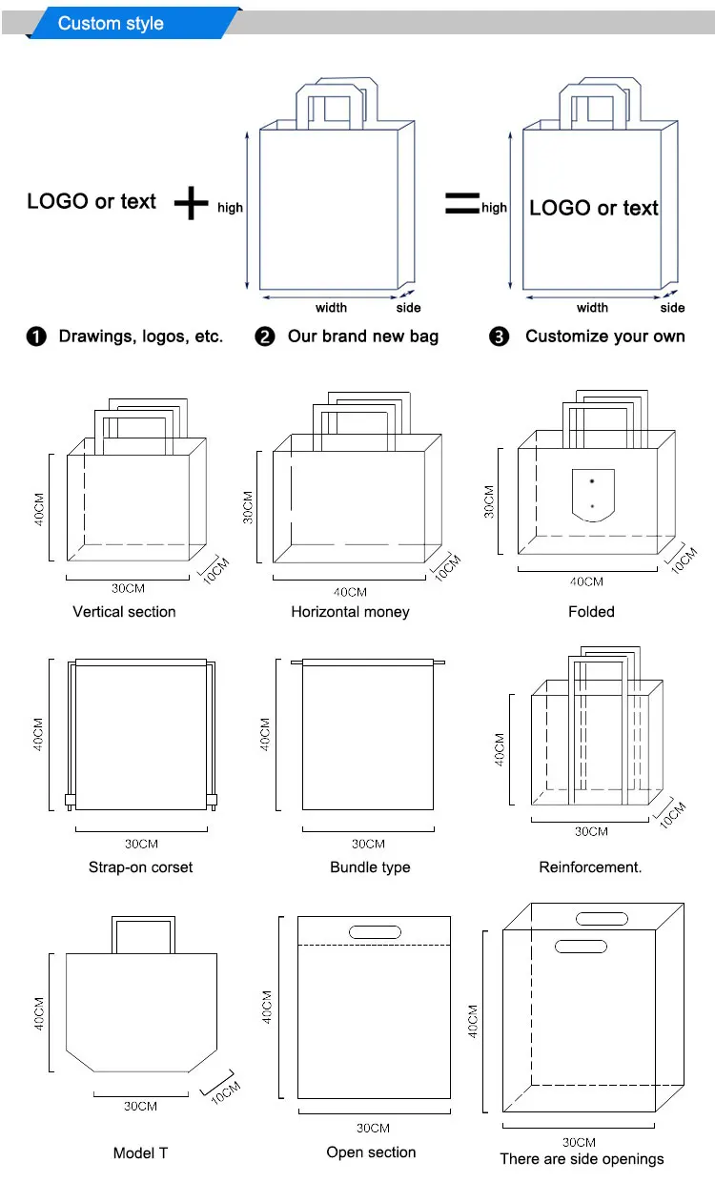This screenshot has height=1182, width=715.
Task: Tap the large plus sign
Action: point(192,203)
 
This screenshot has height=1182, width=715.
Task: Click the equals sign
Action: point(462,203)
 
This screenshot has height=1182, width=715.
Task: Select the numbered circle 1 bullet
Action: point(36,336)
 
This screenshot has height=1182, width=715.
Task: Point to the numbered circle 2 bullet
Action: point(265,336)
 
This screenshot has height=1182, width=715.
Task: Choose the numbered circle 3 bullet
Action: point(500,336)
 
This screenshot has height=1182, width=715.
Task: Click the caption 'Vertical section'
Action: point(124,612)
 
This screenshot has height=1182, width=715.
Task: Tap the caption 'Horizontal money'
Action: point(350,612)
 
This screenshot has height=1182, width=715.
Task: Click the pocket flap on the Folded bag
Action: point(591,494)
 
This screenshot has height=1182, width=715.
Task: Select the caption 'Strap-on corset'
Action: point(140,867)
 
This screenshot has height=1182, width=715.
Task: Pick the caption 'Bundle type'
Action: point(370,867)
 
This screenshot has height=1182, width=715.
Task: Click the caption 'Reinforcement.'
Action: point(590,867)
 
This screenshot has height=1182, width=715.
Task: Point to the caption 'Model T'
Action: point(140,1153)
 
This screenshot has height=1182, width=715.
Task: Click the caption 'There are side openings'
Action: point(582,1159)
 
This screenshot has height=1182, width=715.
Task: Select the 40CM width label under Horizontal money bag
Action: point(350,592)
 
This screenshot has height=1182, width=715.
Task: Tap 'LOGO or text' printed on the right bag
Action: point(593,209)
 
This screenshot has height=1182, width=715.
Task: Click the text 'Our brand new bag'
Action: point(363,336)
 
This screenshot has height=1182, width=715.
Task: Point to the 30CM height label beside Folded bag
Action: point(489,500)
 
